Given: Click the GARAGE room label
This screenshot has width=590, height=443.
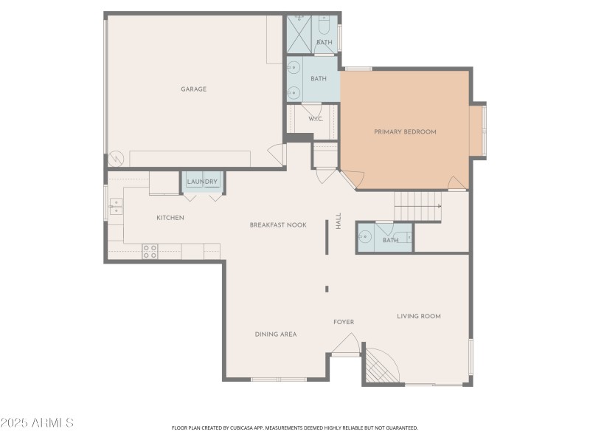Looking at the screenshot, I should [x=194, y=89].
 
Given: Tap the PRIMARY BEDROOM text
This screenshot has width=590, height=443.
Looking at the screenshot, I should [x=405, y=132].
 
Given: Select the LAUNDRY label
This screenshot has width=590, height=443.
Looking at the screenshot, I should [x=202, y=182].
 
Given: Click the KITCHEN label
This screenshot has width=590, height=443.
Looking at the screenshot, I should [x=170, y=218].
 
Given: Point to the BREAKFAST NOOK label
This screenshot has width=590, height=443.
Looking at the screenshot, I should [x=278, y=225].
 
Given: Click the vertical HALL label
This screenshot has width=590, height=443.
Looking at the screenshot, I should [x=339, y=221].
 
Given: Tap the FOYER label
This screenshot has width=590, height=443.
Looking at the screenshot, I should [x=344, y=322].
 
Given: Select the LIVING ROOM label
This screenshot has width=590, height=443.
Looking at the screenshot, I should [x=419, y=316].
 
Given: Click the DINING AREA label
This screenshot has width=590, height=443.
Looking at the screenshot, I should [x=276, y=334].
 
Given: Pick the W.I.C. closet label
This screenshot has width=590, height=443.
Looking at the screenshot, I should [x=314, y=119].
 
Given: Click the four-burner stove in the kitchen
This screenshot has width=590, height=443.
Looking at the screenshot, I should [x=150, y=252].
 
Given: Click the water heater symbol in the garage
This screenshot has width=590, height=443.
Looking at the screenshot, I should [x=116, y=159].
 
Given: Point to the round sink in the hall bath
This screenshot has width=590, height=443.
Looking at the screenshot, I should [x=364, y=238].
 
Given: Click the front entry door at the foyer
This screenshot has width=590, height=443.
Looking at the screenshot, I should [x=345, y=346].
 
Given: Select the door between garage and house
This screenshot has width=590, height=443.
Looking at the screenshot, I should [x=277, y=154].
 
